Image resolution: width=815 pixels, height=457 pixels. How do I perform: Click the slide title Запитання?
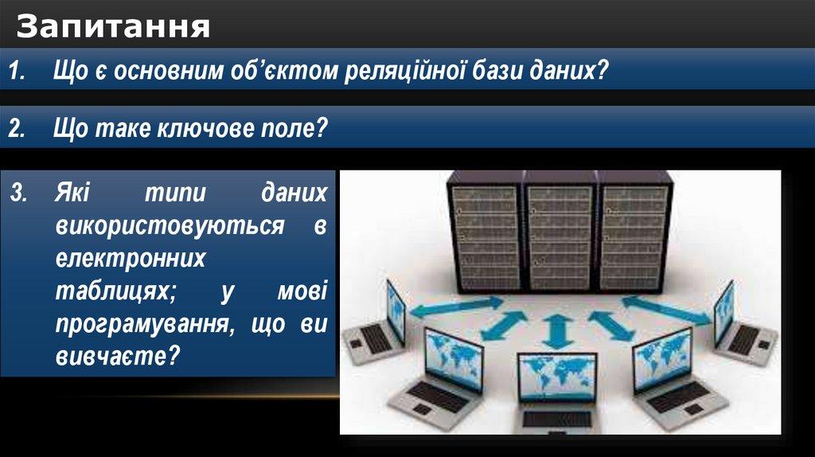(x=113, y=27)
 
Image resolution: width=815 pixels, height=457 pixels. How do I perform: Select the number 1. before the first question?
(x=18, y=71)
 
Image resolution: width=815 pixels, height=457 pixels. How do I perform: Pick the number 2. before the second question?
(x=17, y=128)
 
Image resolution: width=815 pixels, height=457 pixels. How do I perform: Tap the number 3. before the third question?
(x=19, y=193)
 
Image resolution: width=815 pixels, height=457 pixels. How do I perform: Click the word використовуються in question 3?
(x=170, y=225)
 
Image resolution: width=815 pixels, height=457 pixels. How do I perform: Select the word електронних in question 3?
(x=131, y=258)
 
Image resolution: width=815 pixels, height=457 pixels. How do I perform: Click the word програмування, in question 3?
(x=141, y=324)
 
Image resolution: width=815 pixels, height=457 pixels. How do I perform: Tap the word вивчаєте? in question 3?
(x=118, y=357)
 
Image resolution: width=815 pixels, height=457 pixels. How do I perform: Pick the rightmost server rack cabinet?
(x=634, y=233)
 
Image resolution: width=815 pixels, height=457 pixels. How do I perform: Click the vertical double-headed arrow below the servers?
(x=557, y=331)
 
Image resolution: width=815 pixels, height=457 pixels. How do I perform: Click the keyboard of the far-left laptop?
(x=374, y=340)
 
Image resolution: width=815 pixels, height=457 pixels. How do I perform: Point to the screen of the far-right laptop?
(x=723, y=313)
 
